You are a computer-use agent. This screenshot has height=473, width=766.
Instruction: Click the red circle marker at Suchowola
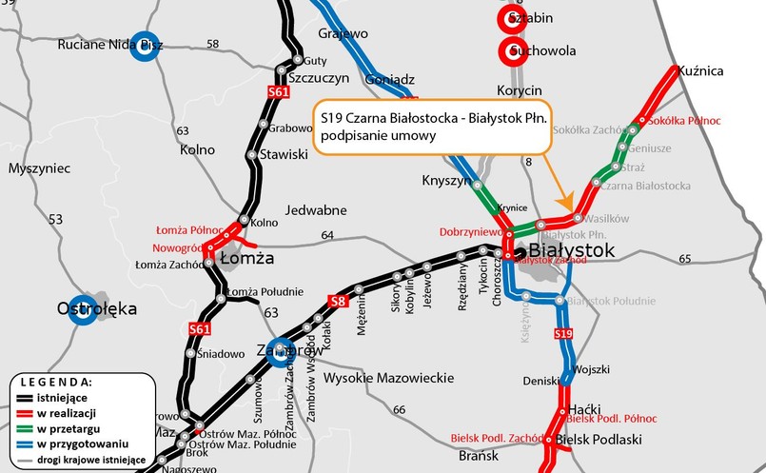tap(512, 50)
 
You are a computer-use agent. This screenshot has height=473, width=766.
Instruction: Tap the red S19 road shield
tap(563, 334)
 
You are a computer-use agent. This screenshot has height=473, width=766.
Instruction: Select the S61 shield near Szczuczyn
tap(278, 92)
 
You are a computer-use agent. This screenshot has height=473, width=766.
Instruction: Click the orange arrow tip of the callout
tap(567, 208)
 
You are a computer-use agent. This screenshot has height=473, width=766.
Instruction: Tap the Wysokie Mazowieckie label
tap(388, 378)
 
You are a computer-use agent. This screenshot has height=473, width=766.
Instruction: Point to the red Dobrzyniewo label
tap(470, 232)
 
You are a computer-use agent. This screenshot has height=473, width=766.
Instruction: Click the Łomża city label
tap(246, 258)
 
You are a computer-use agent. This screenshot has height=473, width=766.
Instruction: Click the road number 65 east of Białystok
tap(685, 259)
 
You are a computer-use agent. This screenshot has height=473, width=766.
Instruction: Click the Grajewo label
tap(344, 33)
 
